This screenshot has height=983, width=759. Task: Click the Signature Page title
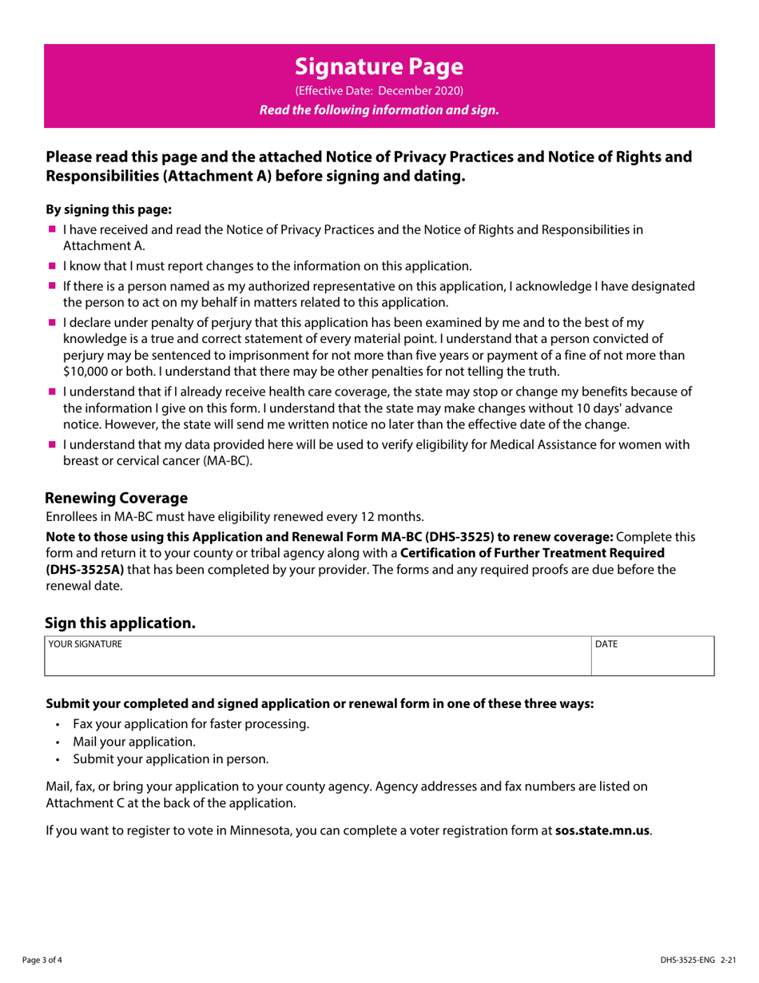click(379, 65)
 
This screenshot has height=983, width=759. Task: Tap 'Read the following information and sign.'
click(379, 110)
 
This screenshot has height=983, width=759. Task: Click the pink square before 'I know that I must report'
click(52, 265)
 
